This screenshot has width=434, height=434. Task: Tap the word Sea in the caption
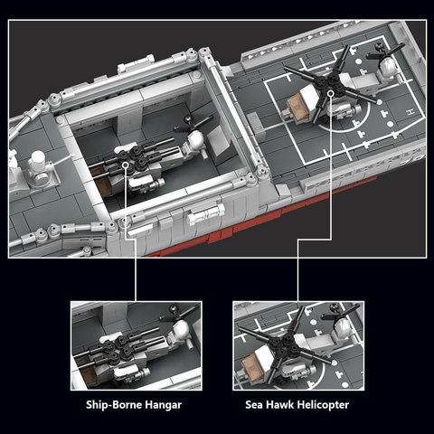click(x=253, y=404)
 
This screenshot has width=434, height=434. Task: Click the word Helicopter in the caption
click(x=318, y=405)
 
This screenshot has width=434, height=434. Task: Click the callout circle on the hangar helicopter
click(x=126, y=165)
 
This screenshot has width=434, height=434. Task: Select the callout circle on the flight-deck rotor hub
click(x=331, y=93)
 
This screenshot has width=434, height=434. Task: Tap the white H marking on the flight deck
click(x=410, y=112)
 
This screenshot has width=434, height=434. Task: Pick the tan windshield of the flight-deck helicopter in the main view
click(x=297, y=106)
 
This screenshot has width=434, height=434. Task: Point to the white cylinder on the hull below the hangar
click(x=206, y=213)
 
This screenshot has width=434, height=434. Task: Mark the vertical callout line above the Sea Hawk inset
click(x=298, y=270)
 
